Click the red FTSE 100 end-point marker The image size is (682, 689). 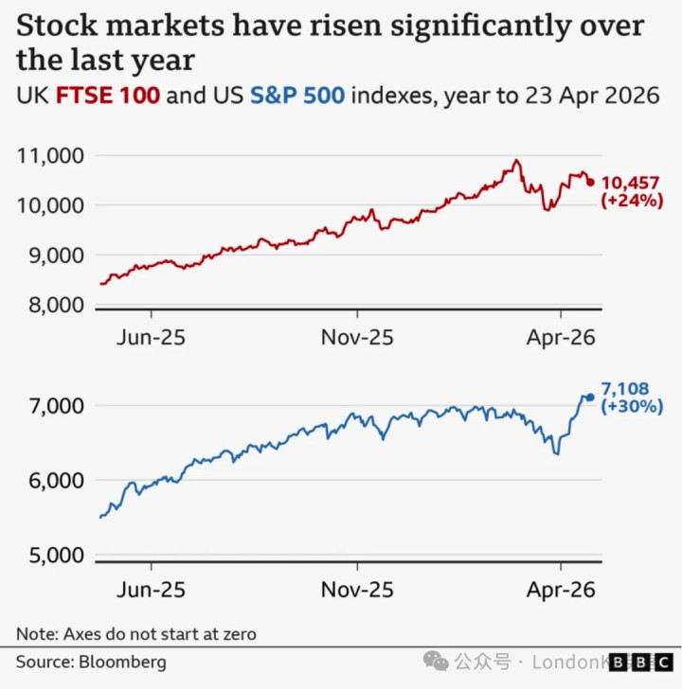(x=591, y=183)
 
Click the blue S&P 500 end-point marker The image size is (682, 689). (x=591, y=397)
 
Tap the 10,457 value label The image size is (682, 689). (x=631, y=183)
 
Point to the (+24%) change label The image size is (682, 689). (x=632, y=201)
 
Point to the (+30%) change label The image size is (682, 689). (x=632, y=407)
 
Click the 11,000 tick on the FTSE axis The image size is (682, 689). (x=51, y=155)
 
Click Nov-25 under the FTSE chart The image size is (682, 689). (x=358, y=337)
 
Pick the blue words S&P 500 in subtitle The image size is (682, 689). (x=296, y=97)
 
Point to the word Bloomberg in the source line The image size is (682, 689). (x=120, y=662)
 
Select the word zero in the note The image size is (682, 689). (x=237, y=633)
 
